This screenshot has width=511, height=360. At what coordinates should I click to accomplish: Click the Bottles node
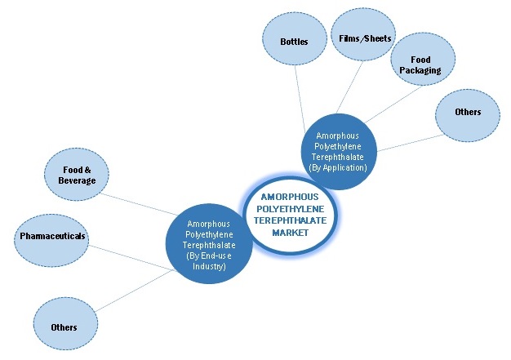[x=294, y=41]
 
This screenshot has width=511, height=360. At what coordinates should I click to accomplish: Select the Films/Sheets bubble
[x=365, y=38]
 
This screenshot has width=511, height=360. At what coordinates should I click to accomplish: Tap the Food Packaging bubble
[x=422, y=64]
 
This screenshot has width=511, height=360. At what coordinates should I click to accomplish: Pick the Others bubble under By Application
[x=469, y=112]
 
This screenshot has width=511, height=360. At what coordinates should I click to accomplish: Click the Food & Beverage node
[x=77, y=175]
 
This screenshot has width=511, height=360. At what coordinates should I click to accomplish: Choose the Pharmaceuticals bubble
[x=51, y=237]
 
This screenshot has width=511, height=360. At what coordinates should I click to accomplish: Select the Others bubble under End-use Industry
[x=63, y=327]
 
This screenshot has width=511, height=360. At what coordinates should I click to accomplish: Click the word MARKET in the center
[x=291, y=233]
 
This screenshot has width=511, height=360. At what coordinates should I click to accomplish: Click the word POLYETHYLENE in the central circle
[x=291, y=209]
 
